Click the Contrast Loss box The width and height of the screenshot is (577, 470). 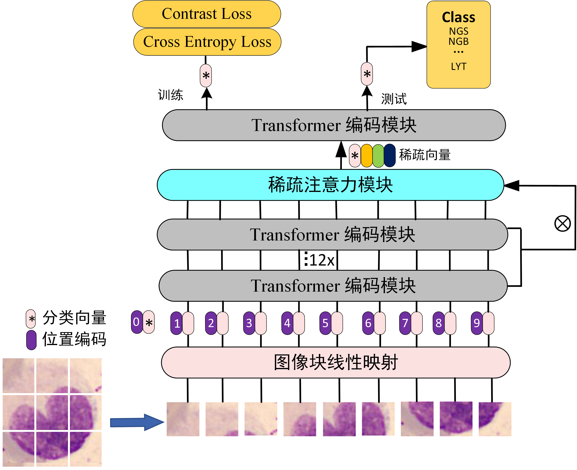pyautogui.click(x=206, y=14)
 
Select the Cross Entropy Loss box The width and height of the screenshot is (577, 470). pyautogui.click(x=207, y=42)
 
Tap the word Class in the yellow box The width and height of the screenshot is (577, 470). pyautogui.click(x=458, y=17)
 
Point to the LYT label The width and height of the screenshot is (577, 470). pyautogui.click(x=459, y=67)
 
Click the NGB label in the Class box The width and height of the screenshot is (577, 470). pyautogui.click(x=458, y=42)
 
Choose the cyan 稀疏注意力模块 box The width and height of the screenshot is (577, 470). pyautogui.click(x=330, y=185)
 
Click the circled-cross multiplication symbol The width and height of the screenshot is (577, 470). pyautogui.click(x=562, y=224)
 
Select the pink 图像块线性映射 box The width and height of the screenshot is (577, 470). pyautogui.click(x=335, y=362)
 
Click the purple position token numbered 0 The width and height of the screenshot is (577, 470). pyautogui.click(x=137, y=322)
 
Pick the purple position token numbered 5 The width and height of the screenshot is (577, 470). pyautogui.click(x=325, y=323)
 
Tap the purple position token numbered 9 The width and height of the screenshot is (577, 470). pyautogui.click(x=476, y=323)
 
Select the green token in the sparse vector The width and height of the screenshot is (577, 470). pyautogui.click(x=378, y=156)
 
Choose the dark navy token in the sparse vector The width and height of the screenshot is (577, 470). pyautogui.click(x=390, y=156)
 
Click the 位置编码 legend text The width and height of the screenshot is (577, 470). pyautogui.click(x=74, y=339)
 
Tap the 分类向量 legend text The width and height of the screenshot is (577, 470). pyautogui.click(x=74, y=318)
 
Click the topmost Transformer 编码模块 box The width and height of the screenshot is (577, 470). pyautogui.click(x=334, y=125)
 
